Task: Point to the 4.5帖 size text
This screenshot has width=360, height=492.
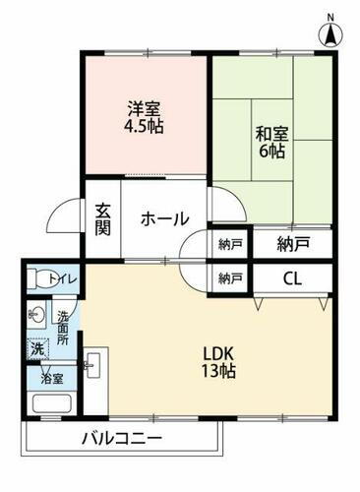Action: pos(144,127)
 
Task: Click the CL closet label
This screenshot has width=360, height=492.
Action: pos(292,277)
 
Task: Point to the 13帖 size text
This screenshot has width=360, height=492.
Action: pos(218,371)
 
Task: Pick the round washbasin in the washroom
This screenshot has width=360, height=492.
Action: pos(36,317)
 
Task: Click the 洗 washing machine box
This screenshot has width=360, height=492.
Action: pos(37,349)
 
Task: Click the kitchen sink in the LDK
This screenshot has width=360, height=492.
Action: pos(92,367)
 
